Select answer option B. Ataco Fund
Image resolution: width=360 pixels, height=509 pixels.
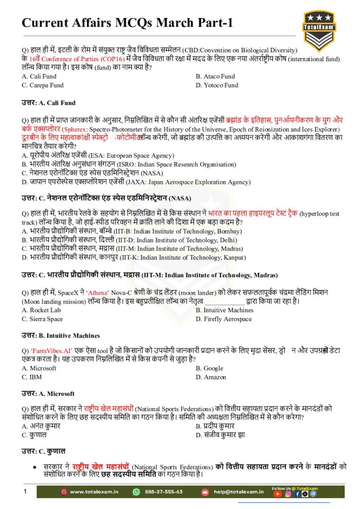215,77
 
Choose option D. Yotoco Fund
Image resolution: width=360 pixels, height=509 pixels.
217,85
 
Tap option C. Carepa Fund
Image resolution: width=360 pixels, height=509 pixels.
43,85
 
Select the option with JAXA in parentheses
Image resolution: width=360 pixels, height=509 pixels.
136,182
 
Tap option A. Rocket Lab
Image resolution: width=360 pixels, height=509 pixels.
41,310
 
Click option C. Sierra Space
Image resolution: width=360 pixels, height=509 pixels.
42,319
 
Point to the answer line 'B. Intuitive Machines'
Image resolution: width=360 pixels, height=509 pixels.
60,336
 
